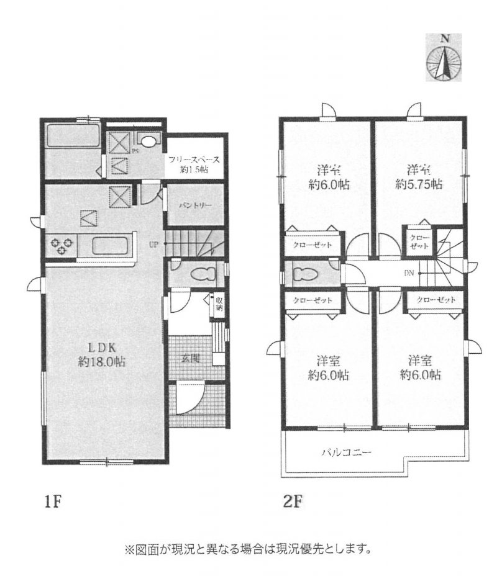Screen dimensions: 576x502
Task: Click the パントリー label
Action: click(193, 204)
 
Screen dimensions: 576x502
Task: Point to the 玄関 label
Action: click(191, 358)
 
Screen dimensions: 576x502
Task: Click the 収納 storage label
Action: click(219, 304)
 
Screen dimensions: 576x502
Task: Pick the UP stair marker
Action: click(153, 244)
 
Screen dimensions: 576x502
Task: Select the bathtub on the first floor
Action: click(73, 135)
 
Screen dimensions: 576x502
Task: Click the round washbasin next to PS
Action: click(149, 140)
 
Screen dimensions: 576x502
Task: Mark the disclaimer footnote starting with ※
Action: click(249, 549)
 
